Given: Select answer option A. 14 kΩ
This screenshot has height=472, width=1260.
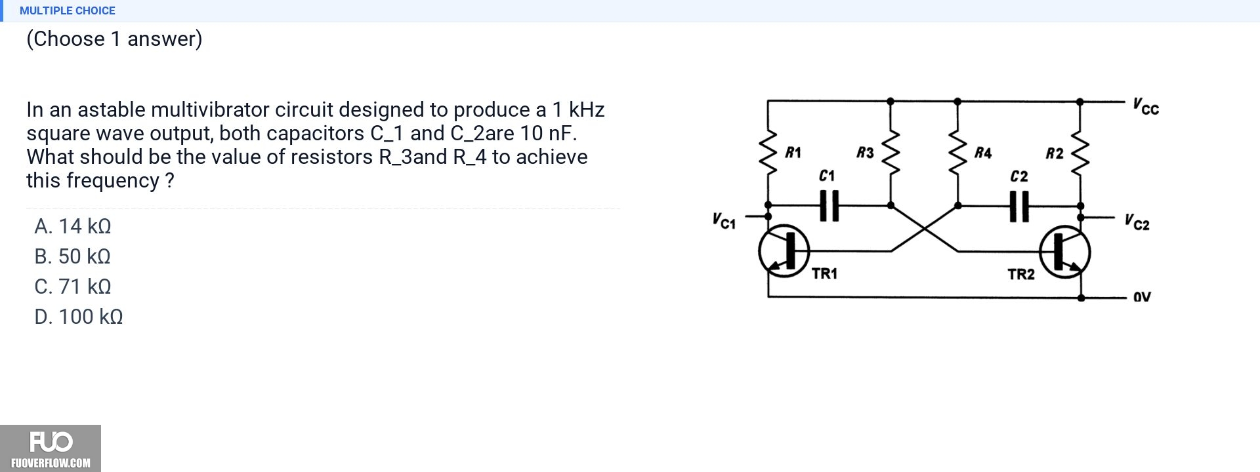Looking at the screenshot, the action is [73, 226].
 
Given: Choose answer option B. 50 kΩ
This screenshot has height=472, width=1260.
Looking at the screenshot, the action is [73, 256].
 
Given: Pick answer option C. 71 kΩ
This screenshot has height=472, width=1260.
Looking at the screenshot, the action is [73, 286].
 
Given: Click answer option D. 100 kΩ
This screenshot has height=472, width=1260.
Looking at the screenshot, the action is [79, 317].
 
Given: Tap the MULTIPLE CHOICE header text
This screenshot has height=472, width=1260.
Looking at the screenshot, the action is [68, 10].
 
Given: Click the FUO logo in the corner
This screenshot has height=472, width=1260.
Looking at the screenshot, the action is [51, 448].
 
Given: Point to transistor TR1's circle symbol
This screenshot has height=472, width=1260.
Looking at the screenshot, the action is [784, 251].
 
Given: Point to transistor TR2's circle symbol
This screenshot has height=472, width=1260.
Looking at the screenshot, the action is [1065, 252].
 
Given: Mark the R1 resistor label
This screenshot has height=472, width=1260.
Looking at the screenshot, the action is [793, 153].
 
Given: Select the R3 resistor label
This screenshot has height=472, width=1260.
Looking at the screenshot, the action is [866, 153].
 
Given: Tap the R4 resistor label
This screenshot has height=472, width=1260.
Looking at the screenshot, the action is [983, 153].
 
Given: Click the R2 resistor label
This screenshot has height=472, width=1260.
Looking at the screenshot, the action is [1055, 153].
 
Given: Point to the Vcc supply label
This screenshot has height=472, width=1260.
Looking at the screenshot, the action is [1146, 106].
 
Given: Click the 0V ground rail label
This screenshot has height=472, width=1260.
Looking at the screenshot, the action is [1142, 297].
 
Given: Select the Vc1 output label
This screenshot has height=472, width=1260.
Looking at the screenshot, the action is [724, 221].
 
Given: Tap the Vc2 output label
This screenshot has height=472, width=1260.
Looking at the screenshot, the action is [1137, 222].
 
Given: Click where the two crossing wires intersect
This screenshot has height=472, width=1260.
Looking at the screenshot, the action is [924, 228].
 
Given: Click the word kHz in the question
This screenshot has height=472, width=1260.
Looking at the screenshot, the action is [587, 109].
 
